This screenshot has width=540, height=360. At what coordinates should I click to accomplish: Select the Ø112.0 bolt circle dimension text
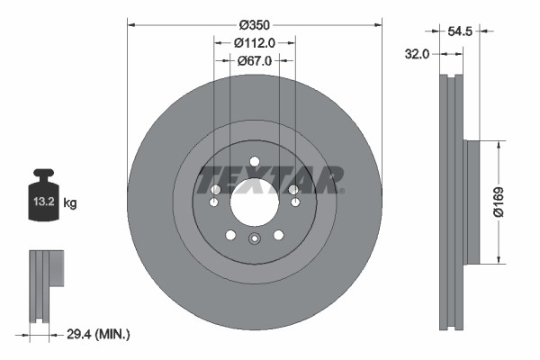coord(254,41)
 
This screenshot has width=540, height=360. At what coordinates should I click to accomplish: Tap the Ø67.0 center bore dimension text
coord(254,60)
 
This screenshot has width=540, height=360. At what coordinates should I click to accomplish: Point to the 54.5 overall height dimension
coord(459,31)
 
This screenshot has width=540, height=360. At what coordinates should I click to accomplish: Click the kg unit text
coord(70,203)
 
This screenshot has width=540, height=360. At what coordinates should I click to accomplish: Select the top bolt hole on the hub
coord(255,162)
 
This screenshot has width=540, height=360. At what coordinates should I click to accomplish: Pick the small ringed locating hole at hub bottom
coord(255,238)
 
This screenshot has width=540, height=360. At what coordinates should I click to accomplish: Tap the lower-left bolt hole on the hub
coord(231,235)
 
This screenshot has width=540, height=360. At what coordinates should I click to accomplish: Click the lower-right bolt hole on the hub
coord(278,235)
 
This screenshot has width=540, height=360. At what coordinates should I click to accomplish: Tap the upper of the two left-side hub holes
coord(216,189)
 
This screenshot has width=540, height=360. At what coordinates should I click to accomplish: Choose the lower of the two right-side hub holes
coord(293,202)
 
